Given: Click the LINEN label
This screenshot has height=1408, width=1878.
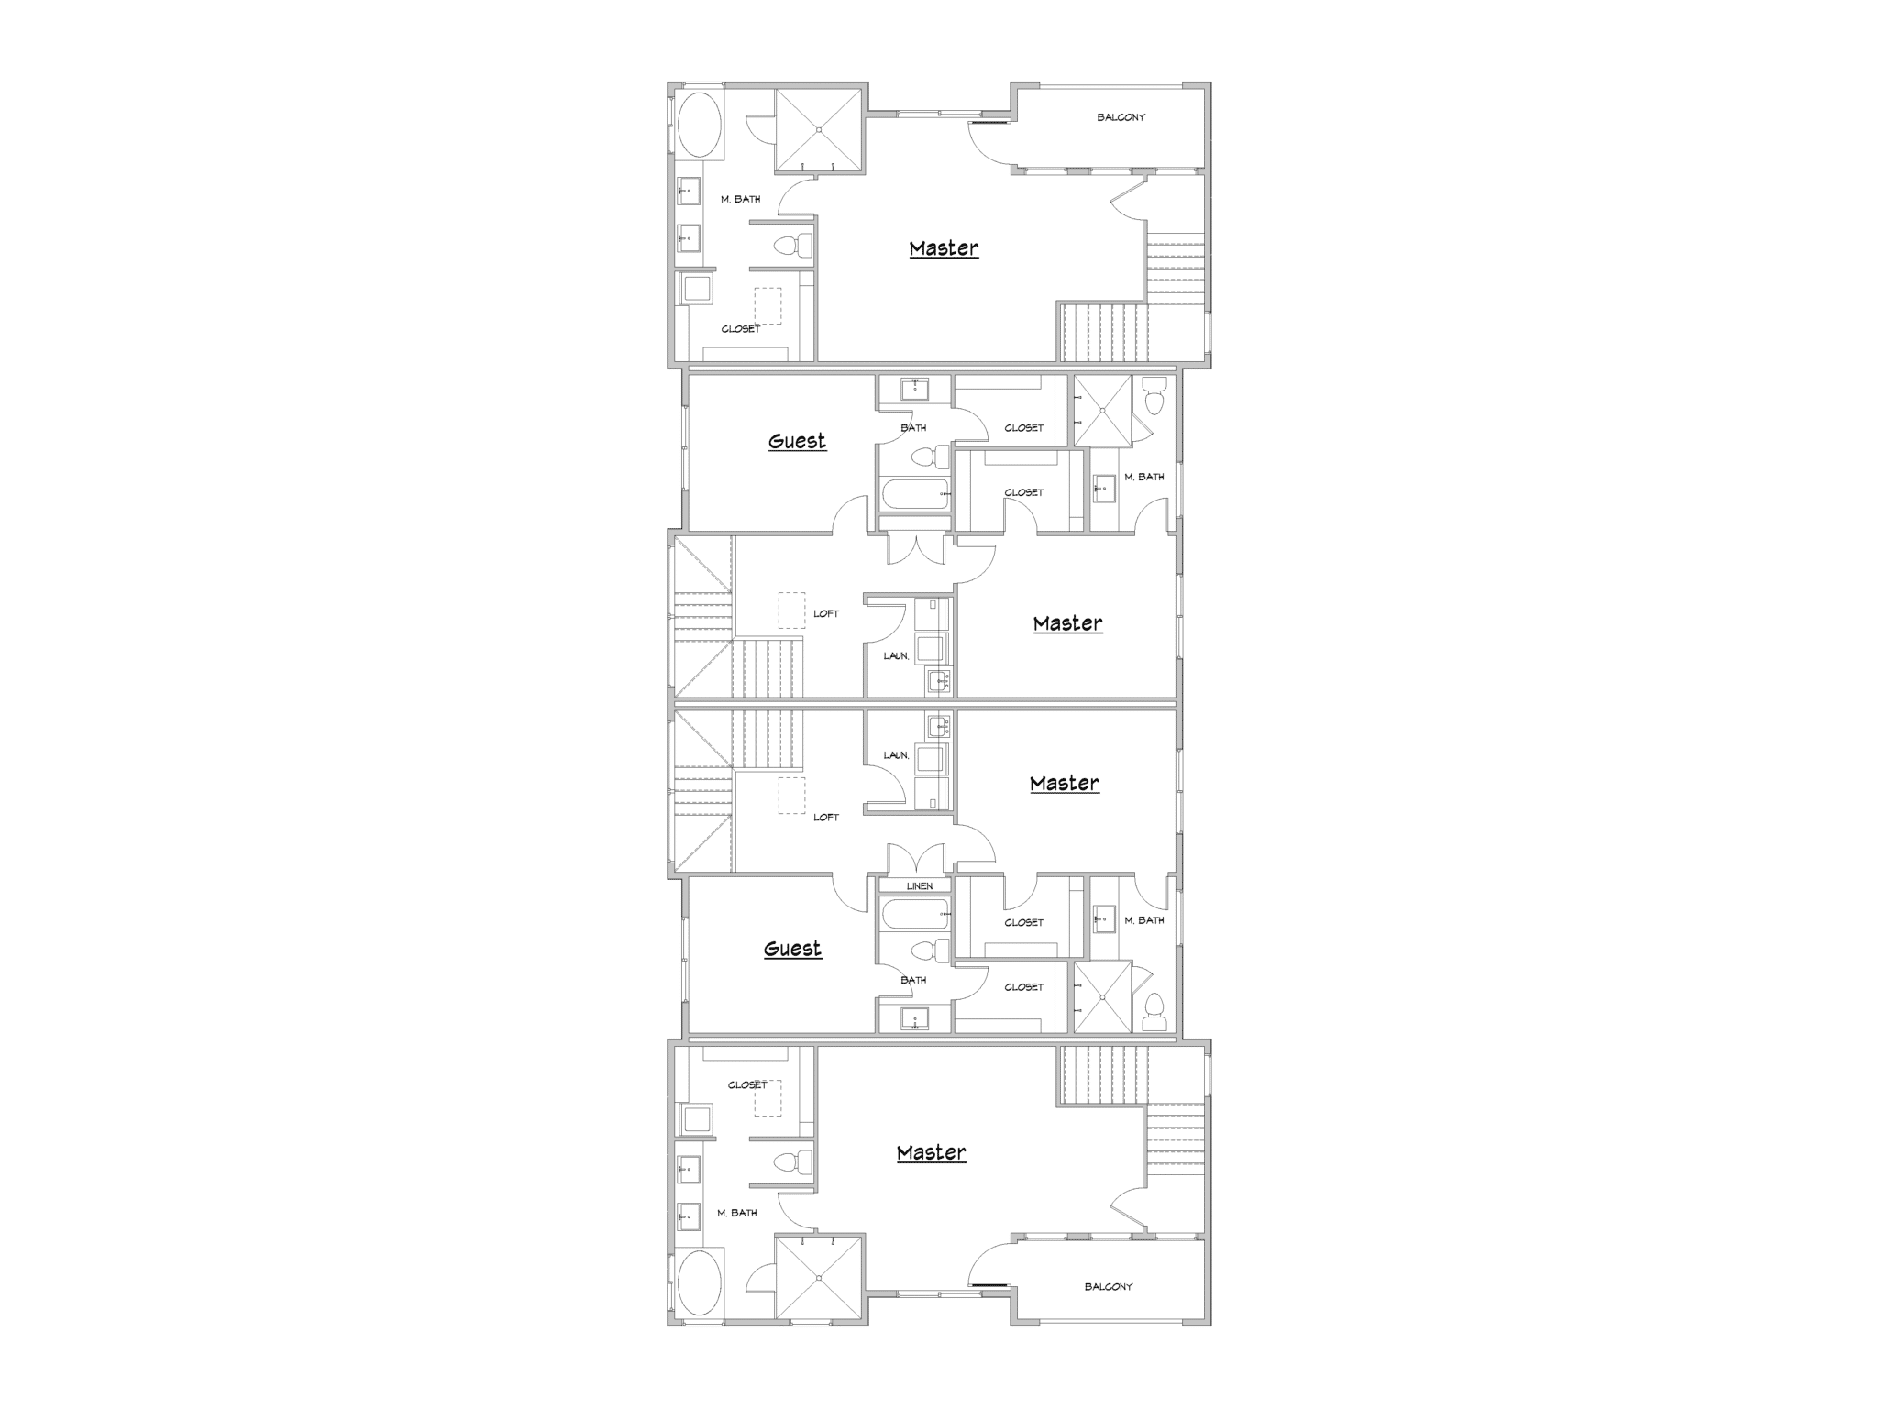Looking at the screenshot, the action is point(920,886).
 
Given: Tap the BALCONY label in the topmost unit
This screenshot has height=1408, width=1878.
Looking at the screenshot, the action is point(1121,117).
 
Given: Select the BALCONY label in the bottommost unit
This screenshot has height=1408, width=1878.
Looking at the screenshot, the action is point(1109,1287).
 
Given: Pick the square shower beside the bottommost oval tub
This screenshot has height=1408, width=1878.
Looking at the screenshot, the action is point(819,1278).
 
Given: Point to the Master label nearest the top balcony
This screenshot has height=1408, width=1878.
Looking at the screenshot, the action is point(944,248).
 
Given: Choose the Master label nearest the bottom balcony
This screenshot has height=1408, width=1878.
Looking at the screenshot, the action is point(931,1153).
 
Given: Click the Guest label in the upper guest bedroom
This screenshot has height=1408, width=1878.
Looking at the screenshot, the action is point(797,441).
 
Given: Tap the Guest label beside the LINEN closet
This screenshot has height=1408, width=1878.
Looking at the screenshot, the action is point(792,949).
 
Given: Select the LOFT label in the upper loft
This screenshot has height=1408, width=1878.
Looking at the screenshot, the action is point(826,614).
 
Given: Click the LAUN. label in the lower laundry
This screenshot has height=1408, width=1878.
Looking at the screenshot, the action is point(896,755).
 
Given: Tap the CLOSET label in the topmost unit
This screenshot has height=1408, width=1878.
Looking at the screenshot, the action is point(740,329).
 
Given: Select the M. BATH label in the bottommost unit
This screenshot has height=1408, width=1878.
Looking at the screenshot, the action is point(737,1213).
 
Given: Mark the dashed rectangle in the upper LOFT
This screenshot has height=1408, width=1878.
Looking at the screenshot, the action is point(791,609).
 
